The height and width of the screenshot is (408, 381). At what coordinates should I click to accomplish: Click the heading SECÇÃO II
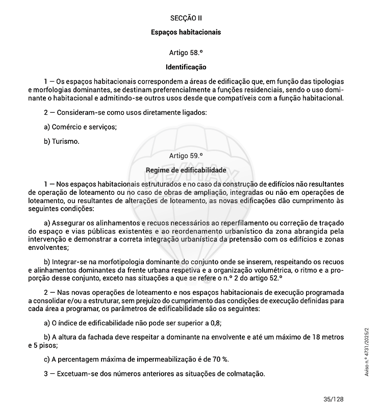186,18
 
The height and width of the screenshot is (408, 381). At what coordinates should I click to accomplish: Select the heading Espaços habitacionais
186,32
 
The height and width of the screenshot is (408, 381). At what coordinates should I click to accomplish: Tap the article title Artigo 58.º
186,53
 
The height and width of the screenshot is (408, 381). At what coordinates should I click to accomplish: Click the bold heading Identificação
186,67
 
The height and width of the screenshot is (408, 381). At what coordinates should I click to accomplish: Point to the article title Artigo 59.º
186,156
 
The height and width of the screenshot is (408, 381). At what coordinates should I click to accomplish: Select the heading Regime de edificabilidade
186,170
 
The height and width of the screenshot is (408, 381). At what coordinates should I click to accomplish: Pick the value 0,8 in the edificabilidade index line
215,323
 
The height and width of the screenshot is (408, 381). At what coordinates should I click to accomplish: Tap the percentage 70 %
219,359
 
